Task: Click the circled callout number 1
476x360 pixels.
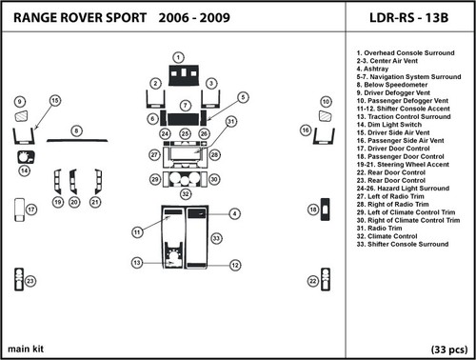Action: tap(178, 58)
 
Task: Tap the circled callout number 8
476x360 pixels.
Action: tap(75, 129)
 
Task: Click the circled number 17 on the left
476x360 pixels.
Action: tap(31, 210)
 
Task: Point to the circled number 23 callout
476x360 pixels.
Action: tap(31, 281)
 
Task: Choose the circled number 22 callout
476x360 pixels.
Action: tap(312, 281)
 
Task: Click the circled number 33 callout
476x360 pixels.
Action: tap(217, 237)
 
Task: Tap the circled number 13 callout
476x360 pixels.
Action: tap(137, 262)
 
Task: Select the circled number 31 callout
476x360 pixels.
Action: tap(231, 121)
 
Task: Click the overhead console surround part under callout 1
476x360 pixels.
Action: tap(178, 77)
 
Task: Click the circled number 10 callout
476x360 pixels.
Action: tap(325, 101)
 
